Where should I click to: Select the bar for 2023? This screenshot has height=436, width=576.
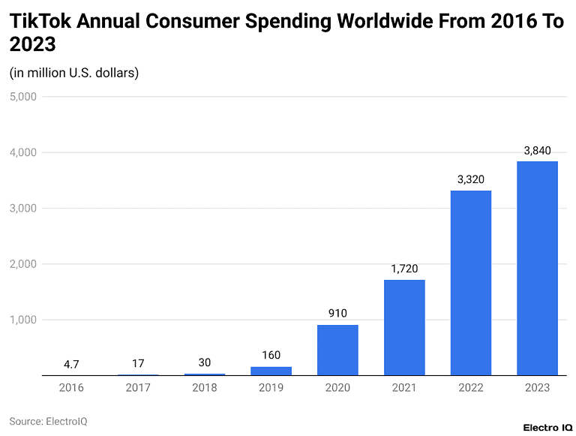(x=537, y=268)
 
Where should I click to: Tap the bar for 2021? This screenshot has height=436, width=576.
(x=404, y=327)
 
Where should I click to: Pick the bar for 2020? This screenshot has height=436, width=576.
(x=337, y=350)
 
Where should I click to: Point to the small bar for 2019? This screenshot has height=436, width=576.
(x=271, y=371)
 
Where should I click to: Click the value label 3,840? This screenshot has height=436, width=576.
(x=537, y=151)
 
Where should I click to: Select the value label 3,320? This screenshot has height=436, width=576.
(x=470, y=180)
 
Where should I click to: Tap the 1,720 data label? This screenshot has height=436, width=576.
(x=404, y=269)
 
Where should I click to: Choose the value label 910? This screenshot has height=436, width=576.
(x=337, y=314)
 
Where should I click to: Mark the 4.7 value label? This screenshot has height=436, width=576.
(x=71, y=364)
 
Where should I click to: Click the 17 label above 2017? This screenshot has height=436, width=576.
(x=138, y=363)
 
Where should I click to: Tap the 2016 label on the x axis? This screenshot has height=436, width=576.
(x=71, y=388)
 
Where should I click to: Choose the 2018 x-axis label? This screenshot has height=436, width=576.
(x=205, y=388)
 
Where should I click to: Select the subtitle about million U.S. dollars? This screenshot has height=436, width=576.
(x=74, y=73)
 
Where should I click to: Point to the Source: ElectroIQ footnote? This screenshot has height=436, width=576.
(x=48, y=421)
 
